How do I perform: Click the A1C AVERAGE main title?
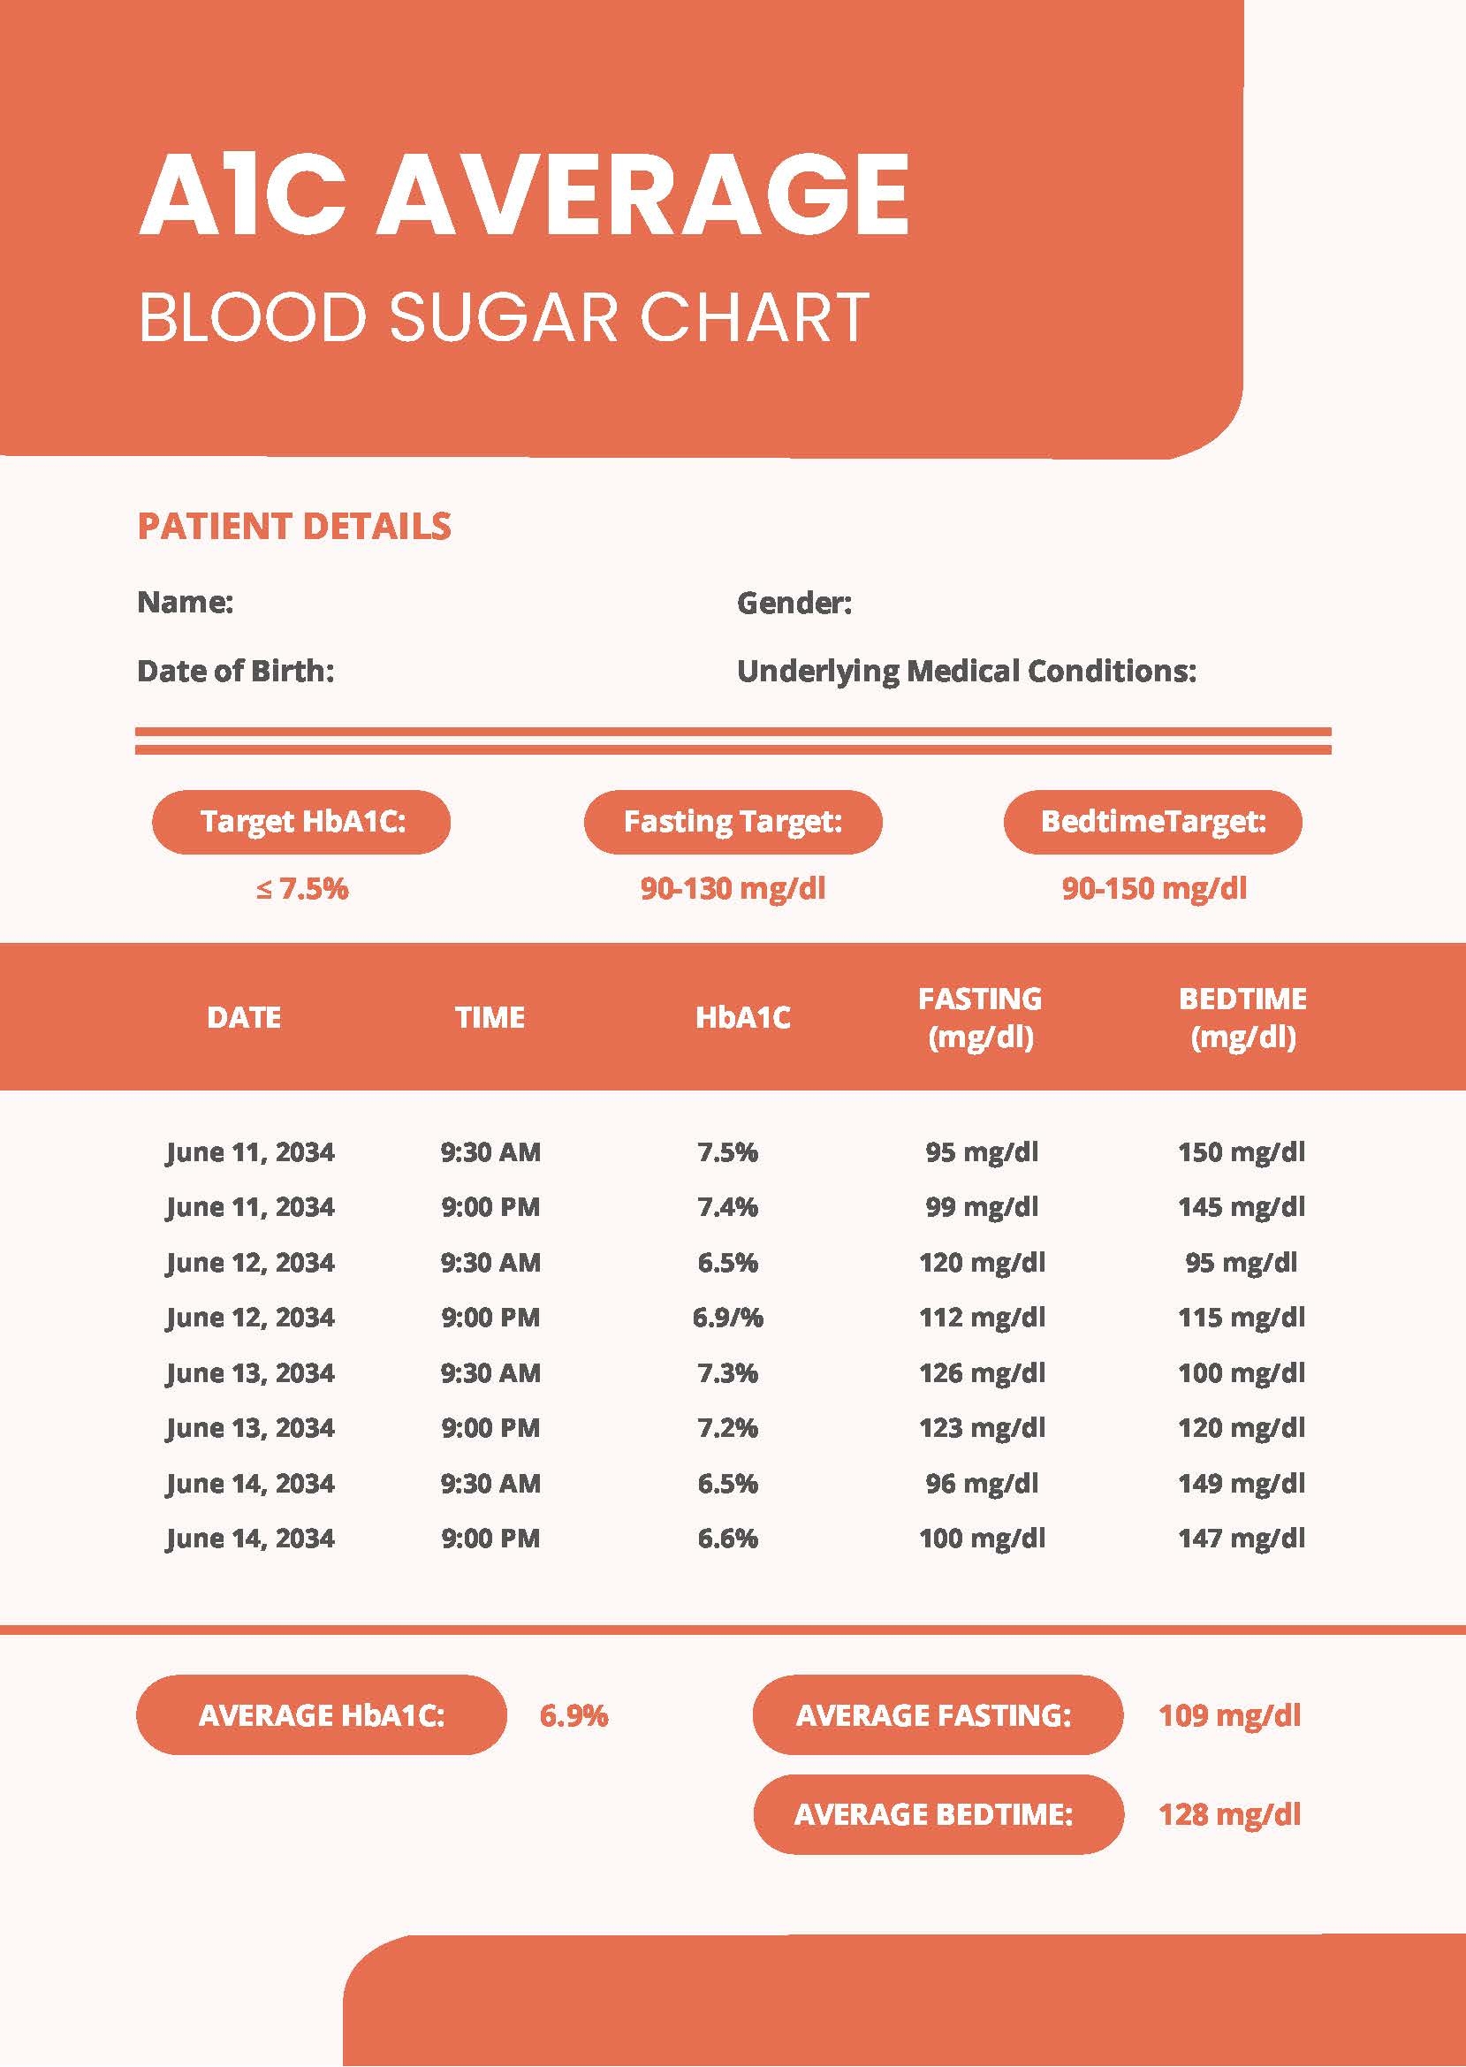[523, 194]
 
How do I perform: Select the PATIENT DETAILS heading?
[293, 526]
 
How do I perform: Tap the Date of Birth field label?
[236, 671]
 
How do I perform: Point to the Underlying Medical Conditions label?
[966, 671]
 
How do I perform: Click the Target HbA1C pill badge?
[300, 821]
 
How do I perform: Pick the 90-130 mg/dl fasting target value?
[732, 888]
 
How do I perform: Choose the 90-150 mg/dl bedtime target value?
[1153, 888]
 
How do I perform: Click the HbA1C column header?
[742, 1017]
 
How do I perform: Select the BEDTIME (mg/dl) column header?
[1242, 1017]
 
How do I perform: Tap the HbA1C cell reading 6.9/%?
[727, 1317]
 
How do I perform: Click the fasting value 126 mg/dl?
[981, 1373]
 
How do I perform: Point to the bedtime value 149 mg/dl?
[1242, 1483]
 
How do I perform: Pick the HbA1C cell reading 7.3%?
[727, 1373]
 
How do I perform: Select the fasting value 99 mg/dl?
[981, 1207]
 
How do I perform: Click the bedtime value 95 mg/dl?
[1242, 1262]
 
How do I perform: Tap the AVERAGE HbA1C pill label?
[322, 1715]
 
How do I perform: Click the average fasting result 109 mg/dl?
[1228, 1715]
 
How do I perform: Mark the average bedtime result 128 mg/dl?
[1228, 1814]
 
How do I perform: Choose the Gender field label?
[794, 602]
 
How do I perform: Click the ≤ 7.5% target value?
[301, 888]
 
